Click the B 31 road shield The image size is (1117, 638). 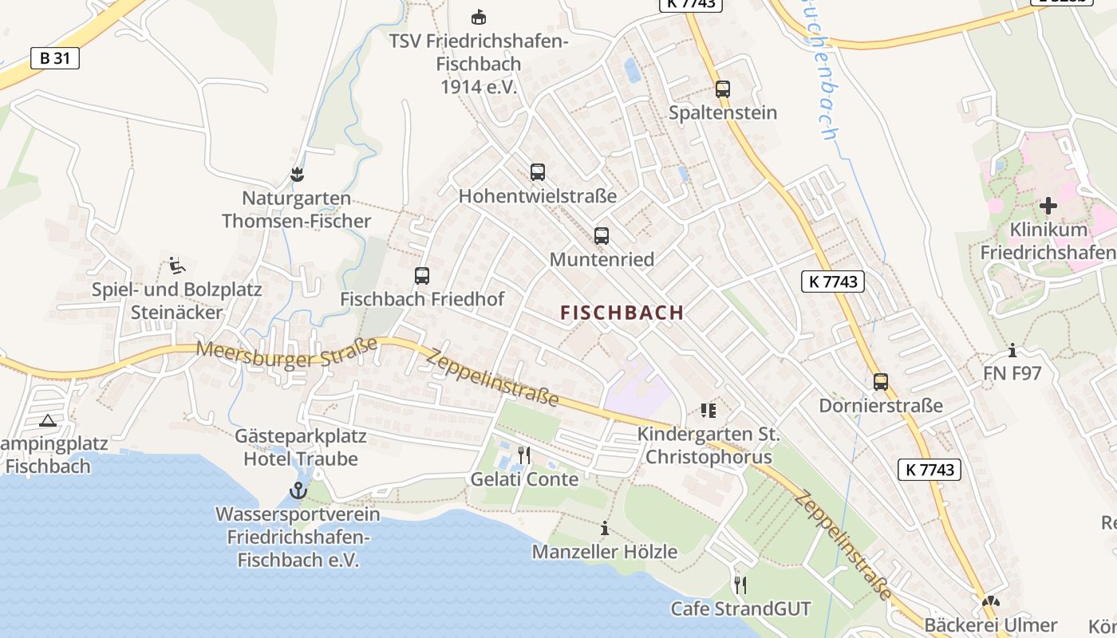pyautogui.click(x=55, y=57)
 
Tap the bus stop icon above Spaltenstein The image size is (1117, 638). pyautogui.click(x=723, y=89)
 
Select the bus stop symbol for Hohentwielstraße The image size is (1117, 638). pyautogui.click(x=538, y=171)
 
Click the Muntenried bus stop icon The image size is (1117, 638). pyautogui.click(x=602, y=236)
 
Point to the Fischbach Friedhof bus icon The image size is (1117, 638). pyautogui.click(x=422, y=276)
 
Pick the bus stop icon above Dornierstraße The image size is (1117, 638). pyautogui.click(x=881, y=382)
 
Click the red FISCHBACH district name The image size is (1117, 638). pyautogui.click(x=622, y=313)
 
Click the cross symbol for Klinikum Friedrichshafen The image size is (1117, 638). pyautogui.click(x=1048, y=206)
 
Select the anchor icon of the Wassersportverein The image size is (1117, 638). pyautogui.click(x=298, y=490)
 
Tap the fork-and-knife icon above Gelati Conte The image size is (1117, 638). pyautogui.click(x=524, y=455)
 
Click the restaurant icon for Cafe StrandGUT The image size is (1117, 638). pyautogui.click(x=740, y=585)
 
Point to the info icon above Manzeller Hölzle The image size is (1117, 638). pyautogui.click(x=605, y=528)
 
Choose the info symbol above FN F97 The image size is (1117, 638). pyautogui.click(x=1012, y=349)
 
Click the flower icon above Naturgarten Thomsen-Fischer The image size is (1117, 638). pyautogui.click(x=297, y=173)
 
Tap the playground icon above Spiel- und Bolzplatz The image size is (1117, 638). pyautogui.click(x=177, y=265)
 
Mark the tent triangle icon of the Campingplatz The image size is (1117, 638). pyautogui.click(x=47, y=419)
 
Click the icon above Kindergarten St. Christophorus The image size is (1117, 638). pyautogui.click(x=708, y=411)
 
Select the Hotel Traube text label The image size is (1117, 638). pyautogui.click(x=301, y=459)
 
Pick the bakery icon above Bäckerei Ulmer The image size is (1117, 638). pyautogui.click(x=991, y=602)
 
